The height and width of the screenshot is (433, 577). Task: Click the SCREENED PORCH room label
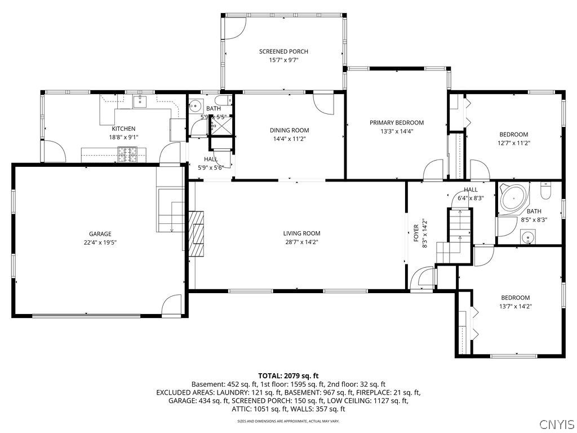(x=283, y=51)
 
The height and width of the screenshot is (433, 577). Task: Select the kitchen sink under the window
(x=140, y=101)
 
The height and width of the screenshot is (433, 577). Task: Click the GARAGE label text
(x=100, y=234)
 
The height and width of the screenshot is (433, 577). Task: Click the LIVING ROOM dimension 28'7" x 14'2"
(x=301, y=242)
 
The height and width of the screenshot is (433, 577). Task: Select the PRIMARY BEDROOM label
(x=396, y=122)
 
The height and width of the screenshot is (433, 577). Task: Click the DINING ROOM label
(x=289, y=130)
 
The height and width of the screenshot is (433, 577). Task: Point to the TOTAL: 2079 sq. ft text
(x=288, y=375)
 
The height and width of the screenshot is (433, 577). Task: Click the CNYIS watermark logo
(x=556, y=423)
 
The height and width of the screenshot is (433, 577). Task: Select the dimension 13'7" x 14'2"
(x=516, y=306)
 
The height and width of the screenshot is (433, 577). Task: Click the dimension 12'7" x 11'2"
(x=514, y=143)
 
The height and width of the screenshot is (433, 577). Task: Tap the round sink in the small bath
(x=196, y=105)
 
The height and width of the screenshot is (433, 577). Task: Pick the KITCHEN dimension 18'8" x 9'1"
(x=123, y=137)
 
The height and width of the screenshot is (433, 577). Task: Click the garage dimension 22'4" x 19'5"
(x=100, y=242)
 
